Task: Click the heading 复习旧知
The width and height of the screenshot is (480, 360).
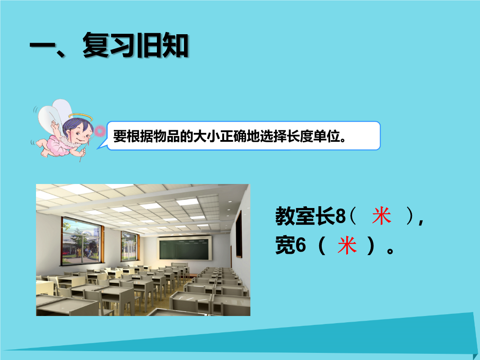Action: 135,46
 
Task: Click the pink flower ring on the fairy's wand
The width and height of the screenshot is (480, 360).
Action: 100,131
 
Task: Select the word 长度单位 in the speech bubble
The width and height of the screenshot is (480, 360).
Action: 313,136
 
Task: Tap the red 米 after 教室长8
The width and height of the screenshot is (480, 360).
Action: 381,216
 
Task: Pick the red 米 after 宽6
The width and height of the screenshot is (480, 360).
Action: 347,245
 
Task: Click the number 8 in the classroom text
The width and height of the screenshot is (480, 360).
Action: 340,216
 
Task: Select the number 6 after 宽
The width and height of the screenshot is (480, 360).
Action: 301,245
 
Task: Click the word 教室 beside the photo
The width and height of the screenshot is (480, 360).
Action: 295,216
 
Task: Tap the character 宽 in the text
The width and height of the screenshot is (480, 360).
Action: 285,245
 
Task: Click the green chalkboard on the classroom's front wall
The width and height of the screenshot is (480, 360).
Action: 185,248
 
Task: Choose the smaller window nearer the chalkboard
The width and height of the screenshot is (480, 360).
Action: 130,246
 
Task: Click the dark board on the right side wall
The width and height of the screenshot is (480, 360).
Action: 239,234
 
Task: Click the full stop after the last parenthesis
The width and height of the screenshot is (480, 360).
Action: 390,251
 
